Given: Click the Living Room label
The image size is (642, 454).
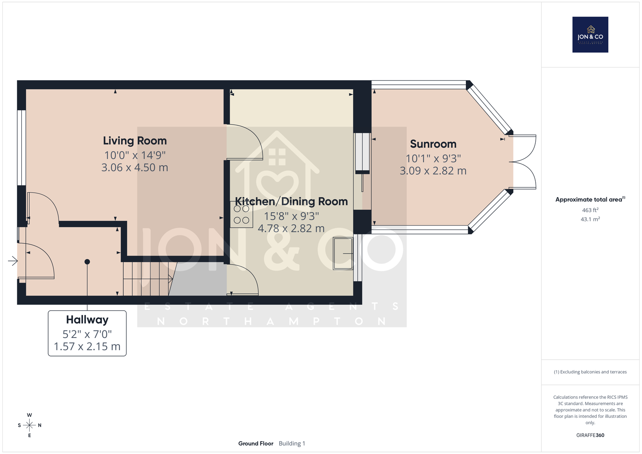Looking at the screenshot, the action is pyautogui.click(x=135, y=141).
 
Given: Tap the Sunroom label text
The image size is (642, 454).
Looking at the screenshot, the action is pyautogui.click(x=433, y=144).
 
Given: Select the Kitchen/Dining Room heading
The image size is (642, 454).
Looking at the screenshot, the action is pyautogui.click(x=291, y=202).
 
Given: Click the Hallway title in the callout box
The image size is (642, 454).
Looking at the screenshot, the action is pyautogui.click(x=87, y=320).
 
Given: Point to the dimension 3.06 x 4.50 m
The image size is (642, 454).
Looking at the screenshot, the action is pyautogui.click(x=135, y=167).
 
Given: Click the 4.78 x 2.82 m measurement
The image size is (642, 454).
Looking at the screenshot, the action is pyautogui.click(x=291, y=228).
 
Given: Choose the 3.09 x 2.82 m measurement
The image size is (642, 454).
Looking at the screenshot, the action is pyautogui.click(x=433, y=171).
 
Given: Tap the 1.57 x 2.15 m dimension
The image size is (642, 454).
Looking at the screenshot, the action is pyautogui.click(x=87, y=346).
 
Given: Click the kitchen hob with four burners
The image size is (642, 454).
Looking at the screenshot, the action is pyautogui.click(x=241, y=214).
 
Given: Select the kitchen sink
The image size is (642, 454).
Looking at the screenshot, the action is pyautogui.click(x=343, y=254).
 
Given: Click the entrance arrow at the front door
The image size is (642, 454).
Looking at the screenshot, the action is pyautogui.click(x=13, y=261).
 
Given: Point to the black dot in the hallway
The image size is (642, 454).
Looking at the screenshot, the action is pyautogui.click(x=87, y=262).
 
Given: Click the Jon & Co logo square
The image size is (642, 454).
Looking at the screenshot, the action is pyautogui.click(x=590, y=35).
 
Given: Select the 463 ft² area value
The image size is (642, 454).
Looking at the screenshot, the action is pyautogui.click(x=590, y=210).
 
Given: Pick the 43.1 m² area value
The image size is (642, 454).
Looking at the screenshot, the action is pyautogui.click(x=590, y=220).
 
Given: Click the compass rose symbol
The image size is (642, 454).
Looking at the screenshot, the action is pyautogui.click(x=30, y=425).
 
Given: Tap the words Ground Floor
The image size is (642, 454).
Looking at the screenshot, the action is pyautogui.click(x=256, y=444).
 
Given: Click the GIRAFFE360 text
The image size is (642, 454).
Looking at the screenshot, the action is pyautogui.click(x=590, y=435).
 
